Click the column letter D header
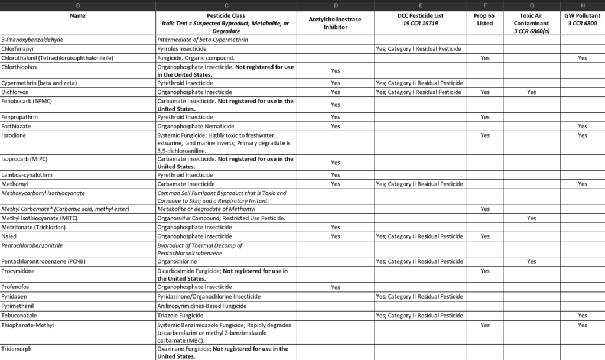(335, 5)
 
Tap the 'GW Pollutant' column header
(582, 19)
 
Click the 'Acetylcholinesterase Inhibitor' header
(335, 23)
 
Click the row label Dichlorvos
(15, 92)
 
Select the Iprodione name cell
(14, 135)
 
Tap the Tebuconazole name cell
(19, 316)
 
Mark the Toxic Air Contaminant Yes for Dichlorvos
(531, 92)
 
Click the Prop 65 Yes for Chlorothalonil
(484, 58)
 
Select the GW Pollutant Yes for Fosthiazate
(582, 127)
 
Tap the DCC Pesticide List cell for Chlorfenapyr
(418, 49)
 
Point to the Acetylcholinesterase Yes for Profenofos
(335, 287)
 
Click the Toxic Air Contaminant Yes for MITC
(531, 218)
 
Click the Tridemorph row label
(16, 349)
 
